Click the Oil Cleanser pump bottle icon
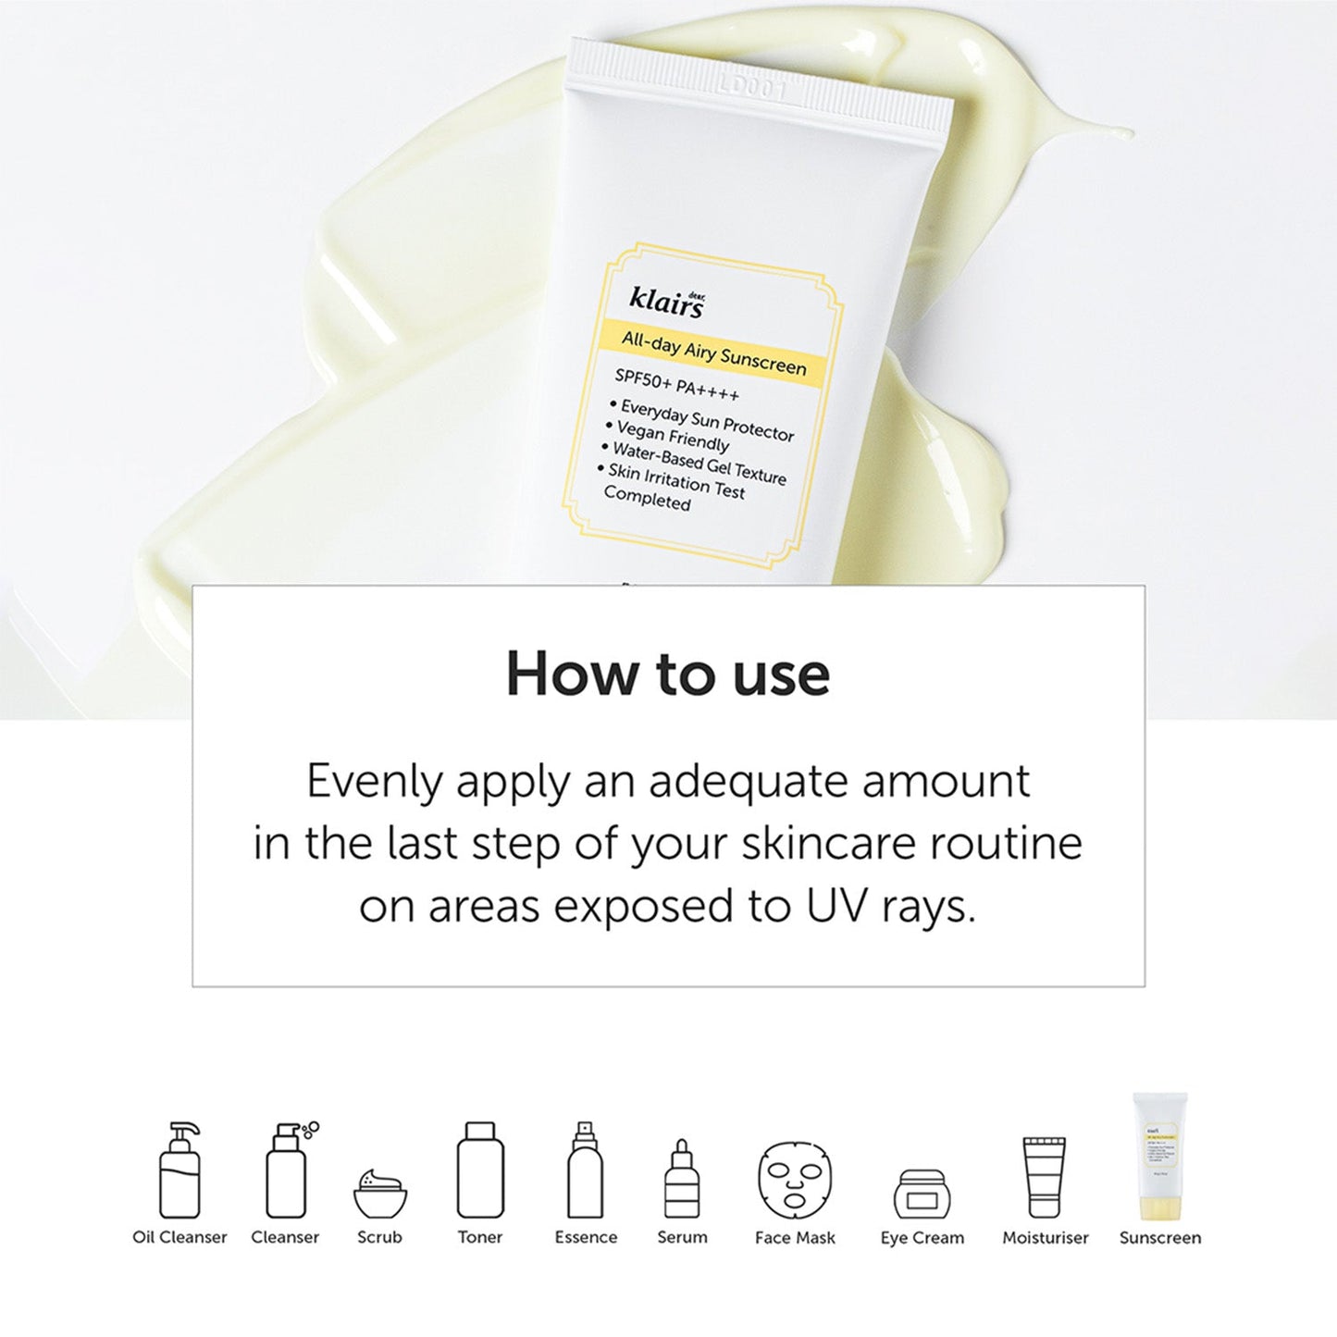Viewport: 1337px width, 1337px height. tap(180, 1170)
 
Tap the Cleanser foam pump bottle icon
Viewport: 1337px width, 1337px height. tap(287, 1170)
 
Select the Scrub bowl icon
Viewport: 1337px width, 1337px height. tap(380, 1195)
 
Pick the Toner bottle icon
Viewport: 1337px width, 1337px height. tap(480, 1170)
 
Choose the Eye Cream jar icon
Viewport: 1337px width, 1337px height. tap(922, 1195)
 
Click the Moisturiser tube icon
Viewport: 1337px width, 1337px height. tap(1045, 1177)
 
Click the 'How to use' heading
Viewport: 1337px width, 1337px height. tap(668, 674)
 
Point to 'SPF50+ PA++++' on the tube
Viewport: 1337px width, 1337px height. tap(677, 386)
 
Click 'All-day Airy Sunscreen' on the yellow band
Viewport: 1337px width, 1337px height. tap(713, 353)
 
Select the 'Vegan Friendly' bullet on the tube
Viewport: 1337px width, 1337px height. tap(672, 435)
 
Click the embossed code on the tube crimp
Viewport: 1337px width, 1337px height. tap(751, 89)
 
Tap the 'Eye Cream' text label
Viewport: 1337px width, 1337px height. tap(922, 1238)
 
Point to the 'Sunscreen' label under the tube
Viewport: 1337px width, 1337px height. tap(1159, 1238)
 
